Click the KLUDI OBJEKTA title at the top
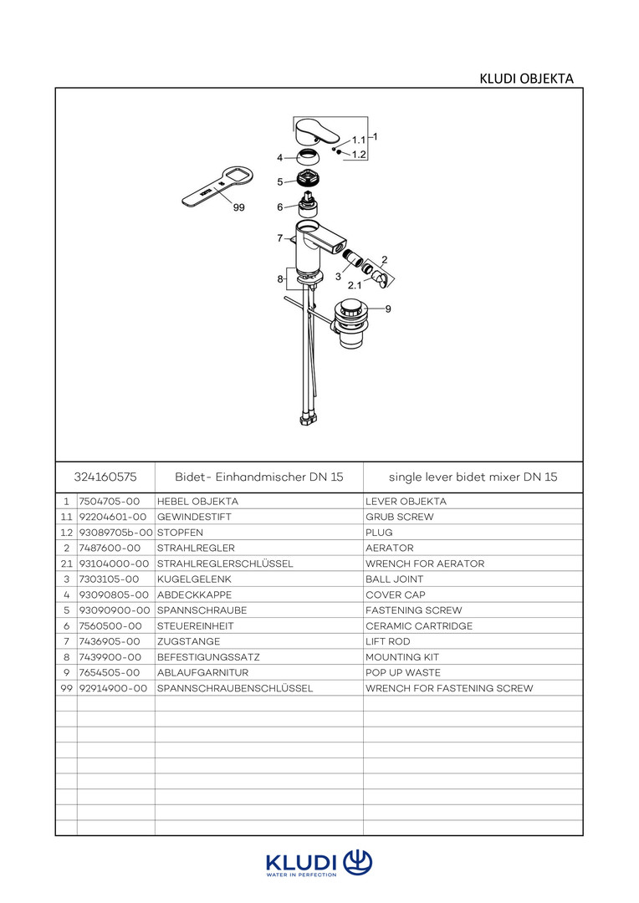coord(526,79)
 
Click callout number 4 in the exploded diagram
coord(280,157)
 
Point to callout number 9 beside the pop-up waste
coord(388,309)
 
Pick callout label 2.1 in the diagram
coord(355,285)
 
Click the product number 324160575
coord(105,477)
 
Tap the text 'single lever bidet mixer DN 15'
coord(473,477)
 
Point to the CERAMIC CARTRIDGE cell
coord(419,626)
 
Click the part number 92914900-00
coord(113,688)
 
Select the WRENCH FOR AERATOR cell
coord(425,564)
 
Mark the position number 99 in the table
coord(66,688)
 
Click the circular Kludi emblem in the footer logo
coord(358,861)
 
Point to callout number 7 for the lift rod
coord(280,238)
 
